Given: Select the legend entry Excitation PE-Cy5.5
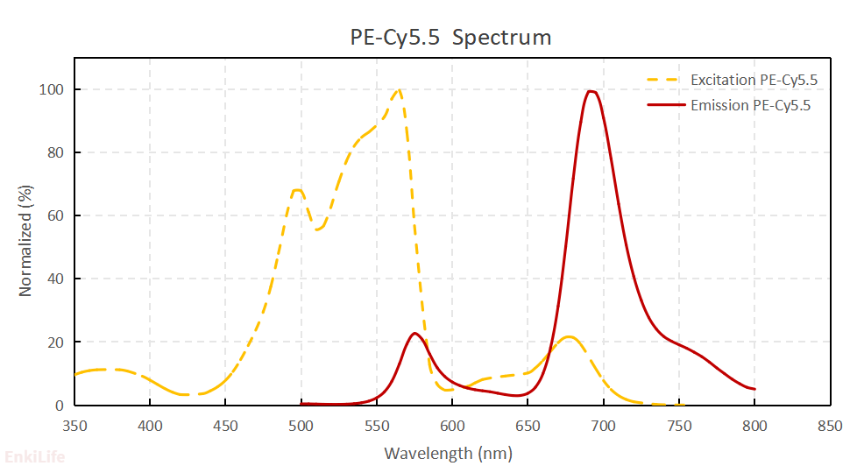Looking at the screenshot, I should point(754,81).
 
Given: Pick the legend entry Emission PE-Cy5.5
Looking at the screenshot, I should point(750,106).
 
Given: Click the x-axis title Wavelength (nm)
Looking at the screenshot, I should point(448,453).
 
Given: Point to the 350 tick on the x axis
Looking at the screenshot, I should point(74,426).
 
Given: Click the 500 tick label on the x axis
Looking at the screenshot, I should point(301,426).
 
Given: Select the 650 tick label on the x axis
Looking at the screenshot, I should point(528,426).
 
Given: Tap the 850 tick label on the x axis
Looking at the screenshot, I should point(830,426).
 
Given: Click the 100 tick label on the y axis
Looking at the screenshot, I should point(51,89).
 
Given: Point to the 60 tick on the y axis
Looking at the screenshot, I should point(54,215).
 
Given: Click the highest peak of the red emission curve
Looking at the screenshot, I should point(591,91).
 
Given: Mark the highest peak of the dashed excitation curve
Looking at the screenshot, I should point(399,89).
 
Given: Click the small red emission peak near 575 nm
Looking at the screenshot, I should point(414,333).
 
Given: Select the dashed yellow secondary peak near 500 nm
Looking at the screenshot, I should point(298,190).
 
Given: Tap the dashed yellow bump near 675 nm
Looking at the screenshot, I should point(569,336).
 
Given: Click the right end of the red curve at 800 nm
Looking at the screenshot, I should point(754,389).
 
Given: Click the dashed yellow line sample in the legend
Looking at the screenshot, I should point(664,81).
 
